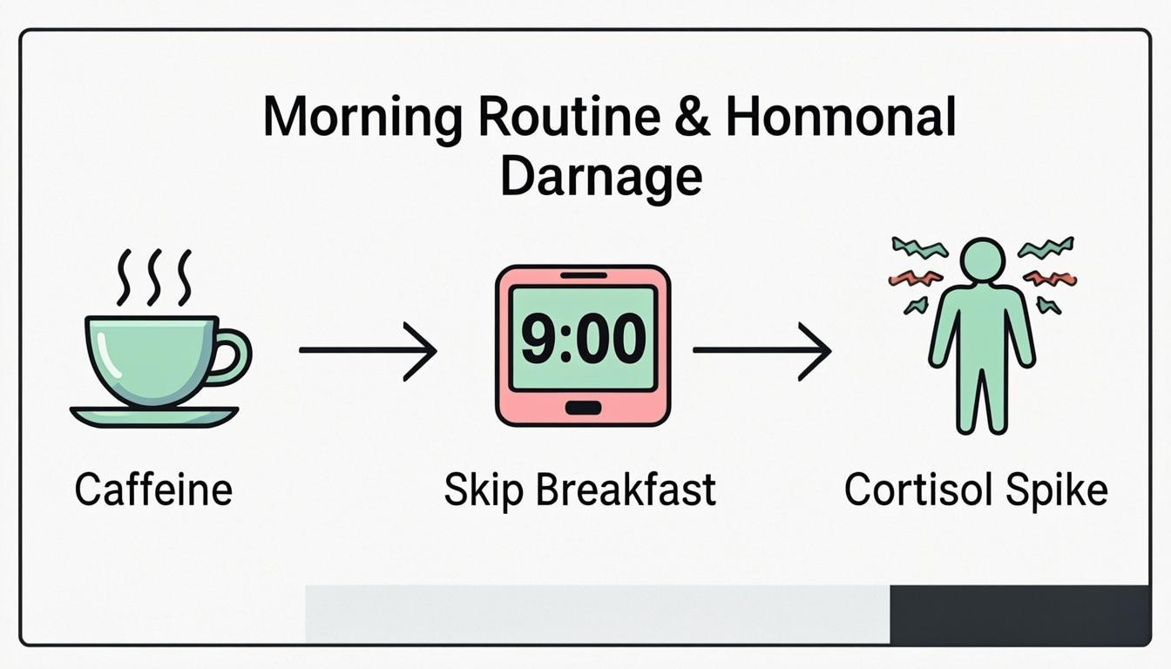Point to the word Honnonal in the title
[840, 119]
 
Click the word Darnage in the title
[602, 177]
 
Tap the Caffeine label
[153, 490]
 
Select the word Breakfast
[626, 490]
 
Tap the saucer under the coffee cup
[154, 416]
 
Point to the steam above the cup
[154, 276]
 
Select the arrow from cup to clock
[367, 350]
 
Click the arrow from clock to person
[761, 350]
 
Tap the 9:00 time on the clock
[583, 338]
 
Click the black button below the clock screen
[582, 408]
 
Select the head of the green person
[982, 260]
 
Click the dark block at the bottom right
[1019, 614]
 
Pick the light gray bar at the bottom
[597, 614]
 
